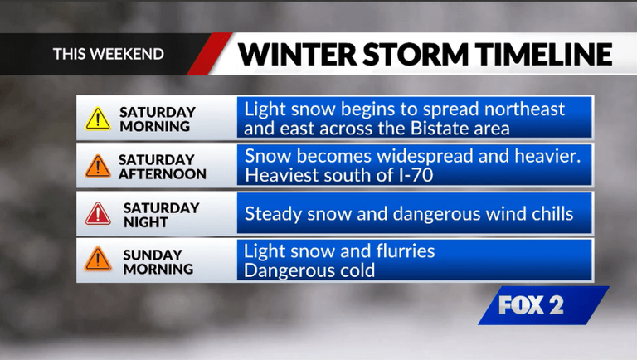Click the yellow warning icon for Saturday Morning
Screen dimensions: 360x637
pos(98,119)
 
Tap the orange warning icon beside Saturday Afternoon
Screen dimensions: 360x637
pos(98,166)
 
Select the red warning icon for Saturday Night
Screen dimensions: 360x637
pos(98,214)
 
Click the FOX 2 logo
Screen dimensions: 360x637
pos(531,305)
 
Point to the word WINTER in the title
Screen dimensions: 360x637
pos(292,54)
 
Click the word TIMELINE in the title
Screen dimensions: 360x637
pos(542,54)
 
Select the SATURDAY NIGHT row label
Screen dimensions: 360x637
pos(162,215)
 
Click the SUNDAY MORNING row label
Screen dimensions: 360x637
pos(158,261)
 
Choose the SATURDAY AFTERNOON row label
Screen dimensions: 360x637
pos(162,167)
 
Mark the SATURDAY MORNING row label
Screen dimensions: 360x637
pos(158,119)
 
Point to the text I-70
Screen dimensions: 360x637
pos(416,176)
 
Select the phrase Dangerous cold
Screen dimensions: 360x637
pos(310,270)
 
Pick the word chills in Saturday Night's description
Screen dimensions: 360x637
pos(550,214)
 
